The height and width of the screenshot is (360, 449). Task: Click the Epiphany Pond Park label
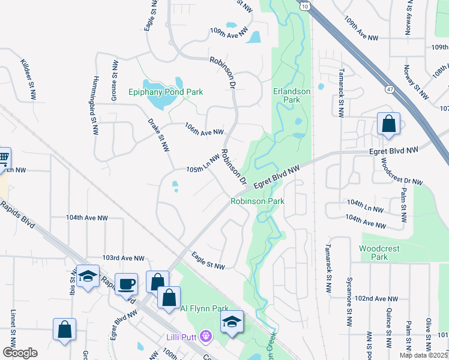pos(166,92)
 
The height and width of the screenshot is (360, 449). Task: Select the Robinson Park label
pos(258,202)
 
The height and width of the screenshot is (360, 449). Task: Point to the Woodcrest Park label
pos(379,253)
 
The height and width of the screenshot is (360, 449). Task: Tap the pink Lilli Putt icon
pos(208,337)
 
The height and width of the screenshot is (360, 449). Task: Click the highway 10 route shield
pos(306,5)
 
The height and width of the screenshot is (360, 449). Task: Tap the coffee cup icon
pos(127,284)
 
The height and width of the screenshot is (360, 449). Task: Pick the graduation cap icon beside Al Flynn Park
pos(232,320)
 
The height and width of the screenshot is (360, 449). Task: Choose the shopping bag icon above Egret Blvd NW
pos(389,124)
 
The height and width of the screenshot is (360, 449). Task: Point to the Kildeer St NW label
pos(28,79)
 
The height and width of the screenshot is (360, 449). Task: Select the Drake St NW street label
pos(160,135)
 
